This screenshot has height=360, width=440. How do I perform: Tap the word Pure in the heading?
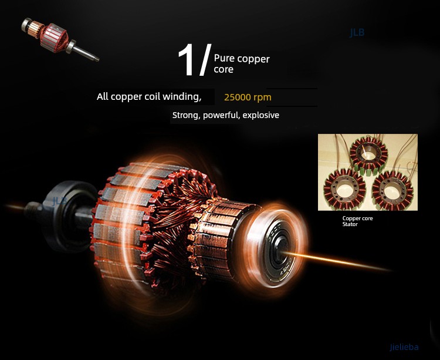[224, 58]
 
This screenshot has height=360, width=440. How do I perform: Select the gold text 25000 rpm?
[248, 97]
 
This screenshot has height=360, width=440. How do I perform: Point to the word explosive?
[261, 115]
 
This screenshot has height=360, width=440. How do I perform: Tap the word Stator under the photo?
[350, 224]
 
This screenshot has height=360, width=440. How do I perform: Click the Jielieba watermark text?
[404, 347]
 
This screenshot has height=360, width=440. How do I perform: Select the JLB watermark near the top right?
[357, 33]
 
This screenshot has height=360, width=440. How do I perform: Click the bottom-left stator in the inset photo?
[345, 189]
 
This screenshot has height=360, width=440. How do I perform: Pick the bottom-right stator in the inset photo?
[392, 191]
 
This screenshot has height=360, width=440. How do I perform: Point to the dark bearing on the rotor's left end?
[67, 216]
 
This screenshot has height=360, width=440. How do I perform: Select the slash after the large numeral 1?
[205, 60]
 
